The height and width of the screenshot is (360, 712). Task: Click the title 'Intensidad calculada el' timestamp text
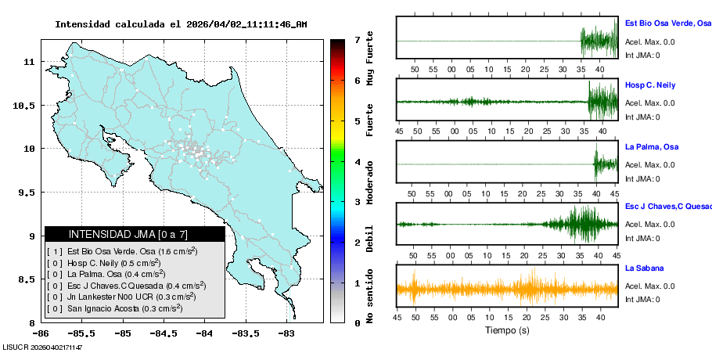(x=181, y=24)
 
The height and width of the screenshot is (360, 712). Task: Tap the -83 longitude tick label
(x=286, y=333)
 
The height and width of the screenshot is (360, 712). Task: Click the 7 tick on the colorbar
(x=356, y=39)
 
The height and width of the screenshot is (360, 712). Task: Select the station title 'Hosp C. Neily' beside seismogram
(x=649, y=85)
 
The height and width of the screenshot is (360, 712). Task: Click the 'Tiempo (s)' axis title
(x=507, y=330)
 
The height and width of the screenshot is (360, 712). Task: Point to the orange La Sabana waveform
(x=507, y=289)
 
